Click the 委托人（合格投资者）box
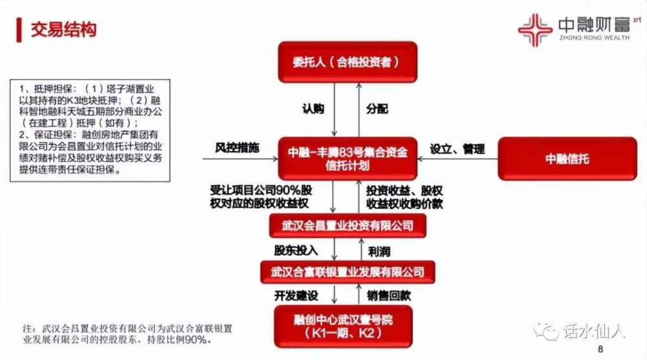347,62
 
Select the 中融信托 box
567,159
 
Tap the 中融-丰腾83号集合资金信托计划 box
347,159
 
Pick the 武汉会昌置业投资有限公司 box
347,225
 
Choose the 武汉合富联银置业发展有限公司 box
347,272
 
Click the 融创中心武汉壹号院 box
344,326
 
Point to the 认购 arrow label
313,109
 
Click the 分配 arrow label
377,109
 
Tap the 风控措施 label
237,148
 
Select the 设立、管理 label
457,149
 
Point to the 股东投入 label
296,251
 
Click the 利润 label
378,251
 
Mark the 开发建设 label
296,296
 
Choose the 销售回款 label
389,296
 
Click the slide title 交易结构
63,30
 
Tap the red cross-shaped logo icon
535,30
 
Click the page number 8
600,349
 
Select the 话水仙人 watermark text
594,331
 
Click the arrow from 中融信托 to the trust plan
457,159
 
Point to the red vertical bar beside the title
19,30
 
